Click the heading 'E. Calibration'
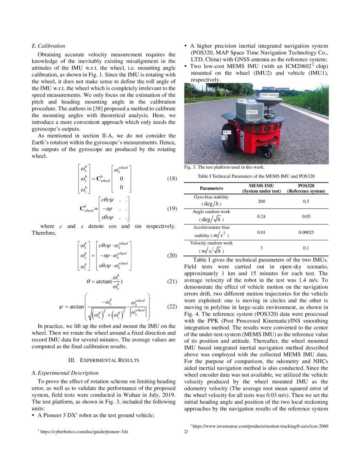pos(49,46)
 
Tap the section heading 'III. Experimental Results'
pos(104,360)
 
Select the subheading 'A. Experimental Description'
pos(65,373)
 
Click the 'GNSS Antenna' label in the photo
pos(269,95)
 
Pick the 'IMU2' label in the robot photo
pos(227,133)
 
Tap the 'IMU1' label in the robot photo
pos(242,101)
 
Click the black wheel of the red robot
pos(229,138)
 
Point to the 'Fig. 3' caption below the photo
pos(224,167)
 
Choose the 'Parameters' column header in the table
pos(211,189)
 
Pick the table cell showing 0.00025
pos(306,232)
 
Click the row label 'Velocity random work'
pos(211,243)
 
